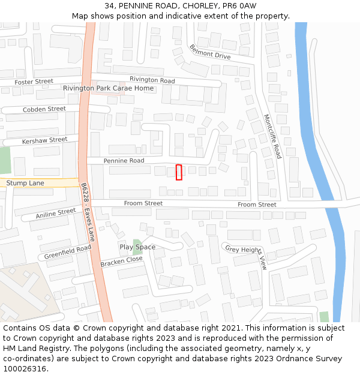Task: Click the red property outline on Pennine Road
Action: [x=179, y=172]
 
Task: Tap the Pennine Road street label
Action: [x=124, y=161]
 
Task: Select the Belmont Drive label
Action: [x=209, y=52]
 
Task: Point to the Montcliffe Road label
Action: [x=272, y=136]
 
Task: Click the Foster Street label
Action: [x=34, y=82]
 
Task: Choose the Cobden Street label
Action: [x=44, y=109]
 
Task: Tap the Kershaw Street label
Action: [x=44, y=140]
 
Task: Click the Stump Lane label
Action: [x=25, y=182]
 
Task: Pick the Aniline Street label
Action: [x=56, y=213]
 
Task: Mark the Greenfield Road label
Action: [x=67, y=252]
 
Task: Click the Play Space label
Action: [x=137, y=247]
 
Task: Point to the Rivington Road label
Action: [x=152, y=80]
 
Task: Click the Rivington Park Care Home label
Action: [x=108, y=88]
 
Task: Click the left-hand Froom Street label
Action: [x=143, y=203]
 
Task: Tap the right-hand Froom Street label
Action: [x=257, y=205]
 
